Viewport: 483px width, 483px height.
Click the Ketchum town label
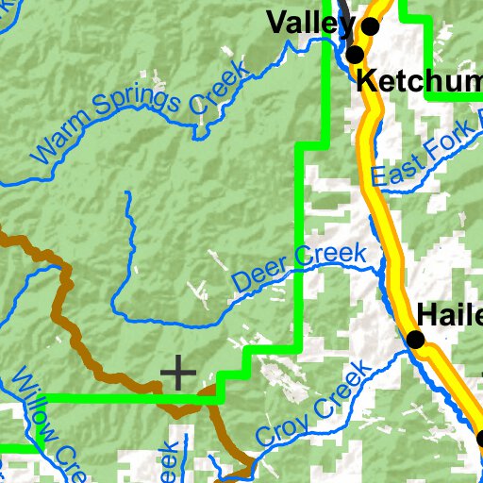click(420, 81)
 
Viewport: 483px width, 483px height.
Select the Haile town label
click(449, 314)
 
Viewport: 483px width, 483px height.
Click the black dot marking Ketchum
click(355, 56)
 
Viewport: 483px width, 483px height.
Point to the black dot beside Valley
click(371, 26)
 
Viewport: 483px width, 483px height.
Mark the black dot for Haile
click(415, 340)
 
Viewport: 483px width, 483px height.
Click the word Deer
click(256, 275)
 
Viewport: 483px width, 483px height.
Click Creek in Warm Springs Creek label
click(218, 89)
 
